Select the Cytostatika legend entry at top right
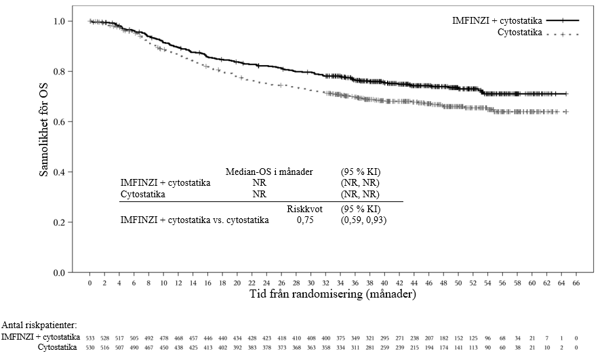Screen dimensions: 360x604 tap(520, 33)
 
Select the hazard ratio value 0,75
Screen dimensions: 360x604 tap(306, 220)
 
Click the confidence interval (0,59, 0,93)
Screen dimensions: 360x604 tap(363, 220)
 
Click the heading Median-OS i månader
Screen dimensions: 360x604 tap(269, 172)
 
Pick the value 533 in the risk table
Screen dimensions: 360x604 tap(90, 336)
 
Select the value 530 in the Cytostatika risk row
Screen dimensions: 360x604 tap(90, 347)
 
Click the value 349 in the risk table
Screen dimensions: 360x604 tap(355, 336)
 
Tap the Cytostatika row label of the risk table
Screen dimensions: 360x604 tap(58, 347)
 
